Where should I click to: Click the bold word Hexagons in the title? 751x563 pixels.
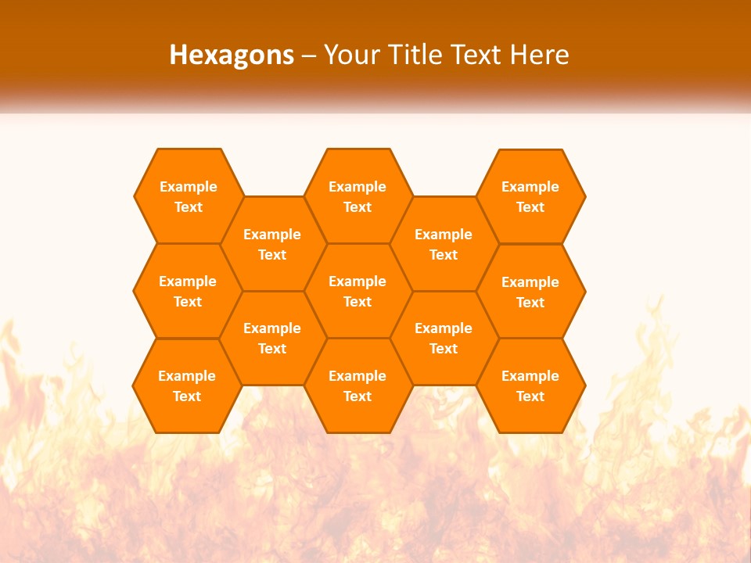(232, 55)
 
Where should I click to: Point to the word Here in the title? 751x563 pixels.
(539, 55)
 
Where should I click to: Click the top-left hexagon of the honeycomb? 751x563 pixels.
(188, 196)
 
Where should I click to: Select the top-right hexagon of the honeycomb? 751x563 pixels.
(530, 196)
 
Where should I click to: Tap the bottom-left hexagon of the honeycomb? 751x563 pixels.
(187, 385)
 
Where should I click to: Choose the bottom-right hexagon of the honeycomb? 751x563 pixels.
(530, 385)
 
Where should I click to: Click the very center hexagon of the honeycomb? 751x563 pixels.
(358, 291)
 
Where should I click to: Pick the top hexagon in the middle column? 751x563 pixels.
(358, 196)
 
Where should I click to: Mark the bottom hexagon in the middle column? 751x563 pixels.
(358, 385)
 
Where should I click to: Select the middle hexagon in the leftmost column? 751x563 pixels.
(188, 291)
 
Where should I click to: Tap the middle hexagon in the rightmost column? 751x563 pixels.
(530, 292)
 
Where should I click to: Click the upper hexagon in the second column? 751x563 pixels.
(272, 244)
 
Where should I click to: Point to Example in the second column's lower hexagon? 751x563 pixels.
(272, 328)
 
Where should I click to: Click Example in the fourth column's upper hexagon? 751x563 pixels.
(444, 235)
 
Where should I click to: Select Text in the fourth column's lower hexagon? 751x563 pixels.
(444, 349)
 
